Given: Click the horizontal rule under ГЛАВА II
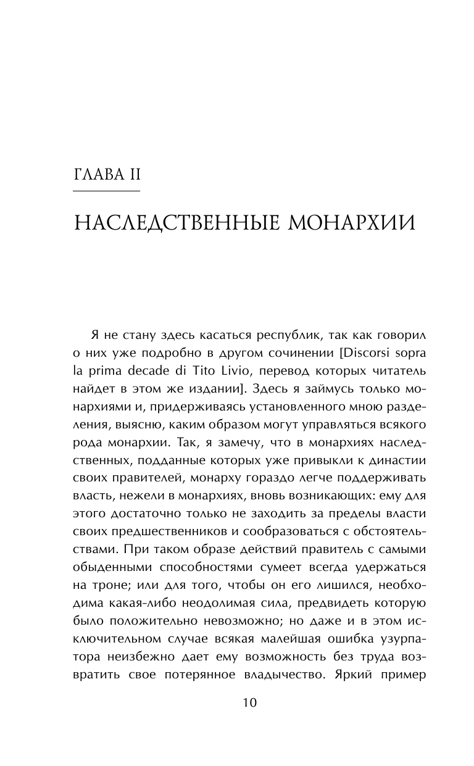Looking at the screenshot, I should point(107,192).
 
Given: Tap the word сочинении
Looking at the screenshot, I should point(268,352).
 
